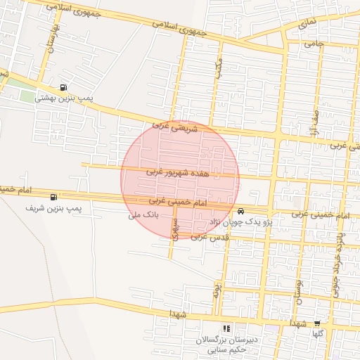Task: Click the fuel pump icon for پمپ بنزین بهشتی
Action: click(65, 88)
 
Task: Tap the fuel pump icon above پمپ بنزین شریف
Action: click(54, 197)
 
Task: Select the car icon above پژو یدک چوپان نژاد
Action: click(241, 210)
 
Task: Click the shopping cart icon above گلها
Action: click(317, 325)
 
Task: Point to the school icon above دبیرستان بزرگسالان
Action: click(226, 328)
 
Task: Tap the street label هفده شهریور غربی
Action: click(178, 172)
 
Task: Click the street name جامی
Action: click(314, 44)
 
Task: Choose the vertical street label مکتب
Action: click(220, 67)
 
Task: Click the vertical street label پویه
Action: click(218, 289)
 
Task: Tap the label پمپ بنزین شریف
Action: click(54, 209)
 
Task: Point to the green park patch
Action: click(27, 96)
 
